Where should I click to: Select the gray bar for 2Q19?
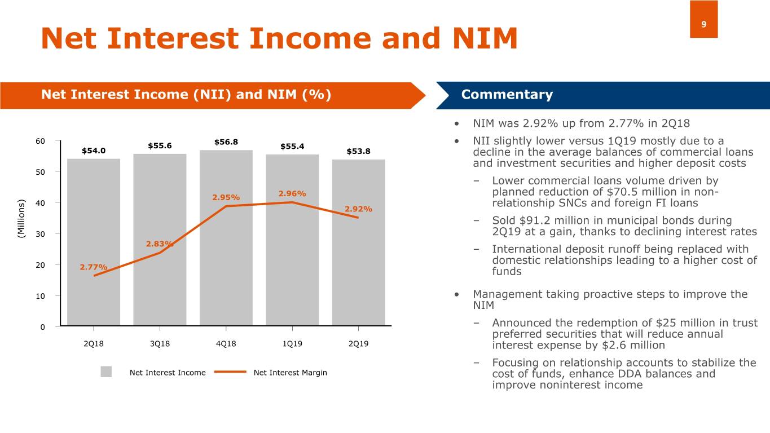pyautogui.click(x=358, y=271)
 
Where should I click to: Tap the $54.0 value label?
pyautogui.click(x=94, y=151)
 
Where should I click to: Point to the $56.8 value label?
pyautogui.click(x=226, y=142)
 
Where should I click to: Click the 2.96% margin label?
pyautogui.click(x=292, y=194)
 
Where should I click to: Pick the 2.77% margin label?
pyautogui.click(x=94, y=267)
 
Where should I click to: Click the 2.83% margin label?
pyautogui.click(x=160, y=244)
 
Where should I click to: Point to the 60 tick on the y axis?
pyautogui.click(x=39, y=140)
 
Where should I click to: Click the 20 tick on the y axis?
pyautogui.click(x=39, y=264)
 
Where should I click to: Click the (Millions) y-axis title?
pyautogui.click(x=21, y=218)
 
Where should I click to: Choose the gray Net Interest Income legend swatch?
pyautogui.click(x=106, y=372)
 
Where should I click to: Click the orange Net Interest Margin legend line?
pyautogui.click(x=230, y=372)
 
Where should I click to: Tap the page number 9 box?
pyautogui.click(x=703, y=20)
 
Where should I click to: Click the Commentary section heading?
pyautogui.click(x=507, y=95)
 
